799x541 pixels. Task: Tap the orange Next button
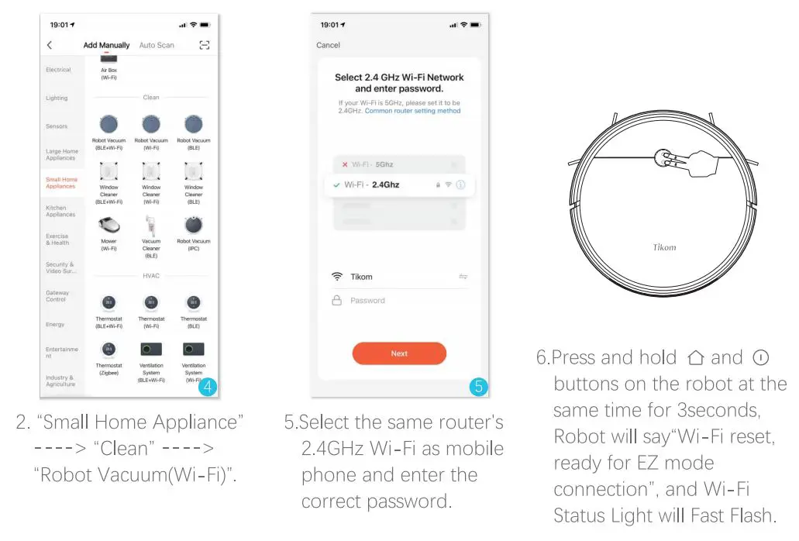(399, 353)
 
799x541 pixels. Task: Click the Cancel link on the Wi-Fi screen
(328, 45)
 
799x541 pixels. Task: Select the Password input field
(399, 301)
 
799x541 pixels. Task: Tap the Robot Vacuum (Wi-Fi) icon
(151, 125)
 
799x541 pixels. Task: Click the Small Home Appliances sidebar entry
(61, 183)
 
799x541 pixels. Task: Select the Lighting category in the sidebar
(57, 98)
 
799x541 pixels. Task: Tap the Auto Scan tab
(157, 46)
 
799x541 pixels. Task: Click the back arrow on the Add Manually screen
(50, 46)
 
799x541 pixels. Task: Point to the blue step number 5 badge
(478, 388)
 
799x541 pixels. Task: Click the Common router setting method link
(412, 111)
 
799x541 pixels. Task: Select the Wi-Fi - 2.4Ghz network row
(399, 185)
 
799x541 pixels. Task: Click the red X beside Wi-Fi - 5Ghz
(345, 164)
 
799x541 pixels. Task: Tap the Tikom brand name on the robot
(664, 248)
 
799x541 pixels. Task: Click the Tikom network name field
(399, 277)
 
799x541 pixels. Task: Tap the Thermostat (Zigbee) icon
(109, 350)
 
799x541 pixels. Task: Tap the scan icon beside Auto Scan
(205, 46)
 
